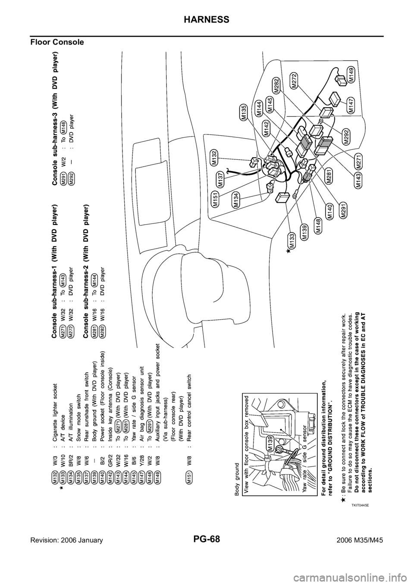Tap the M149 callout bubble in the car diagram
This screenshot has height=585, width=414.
pyautogui.click(x=352, y=75)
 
